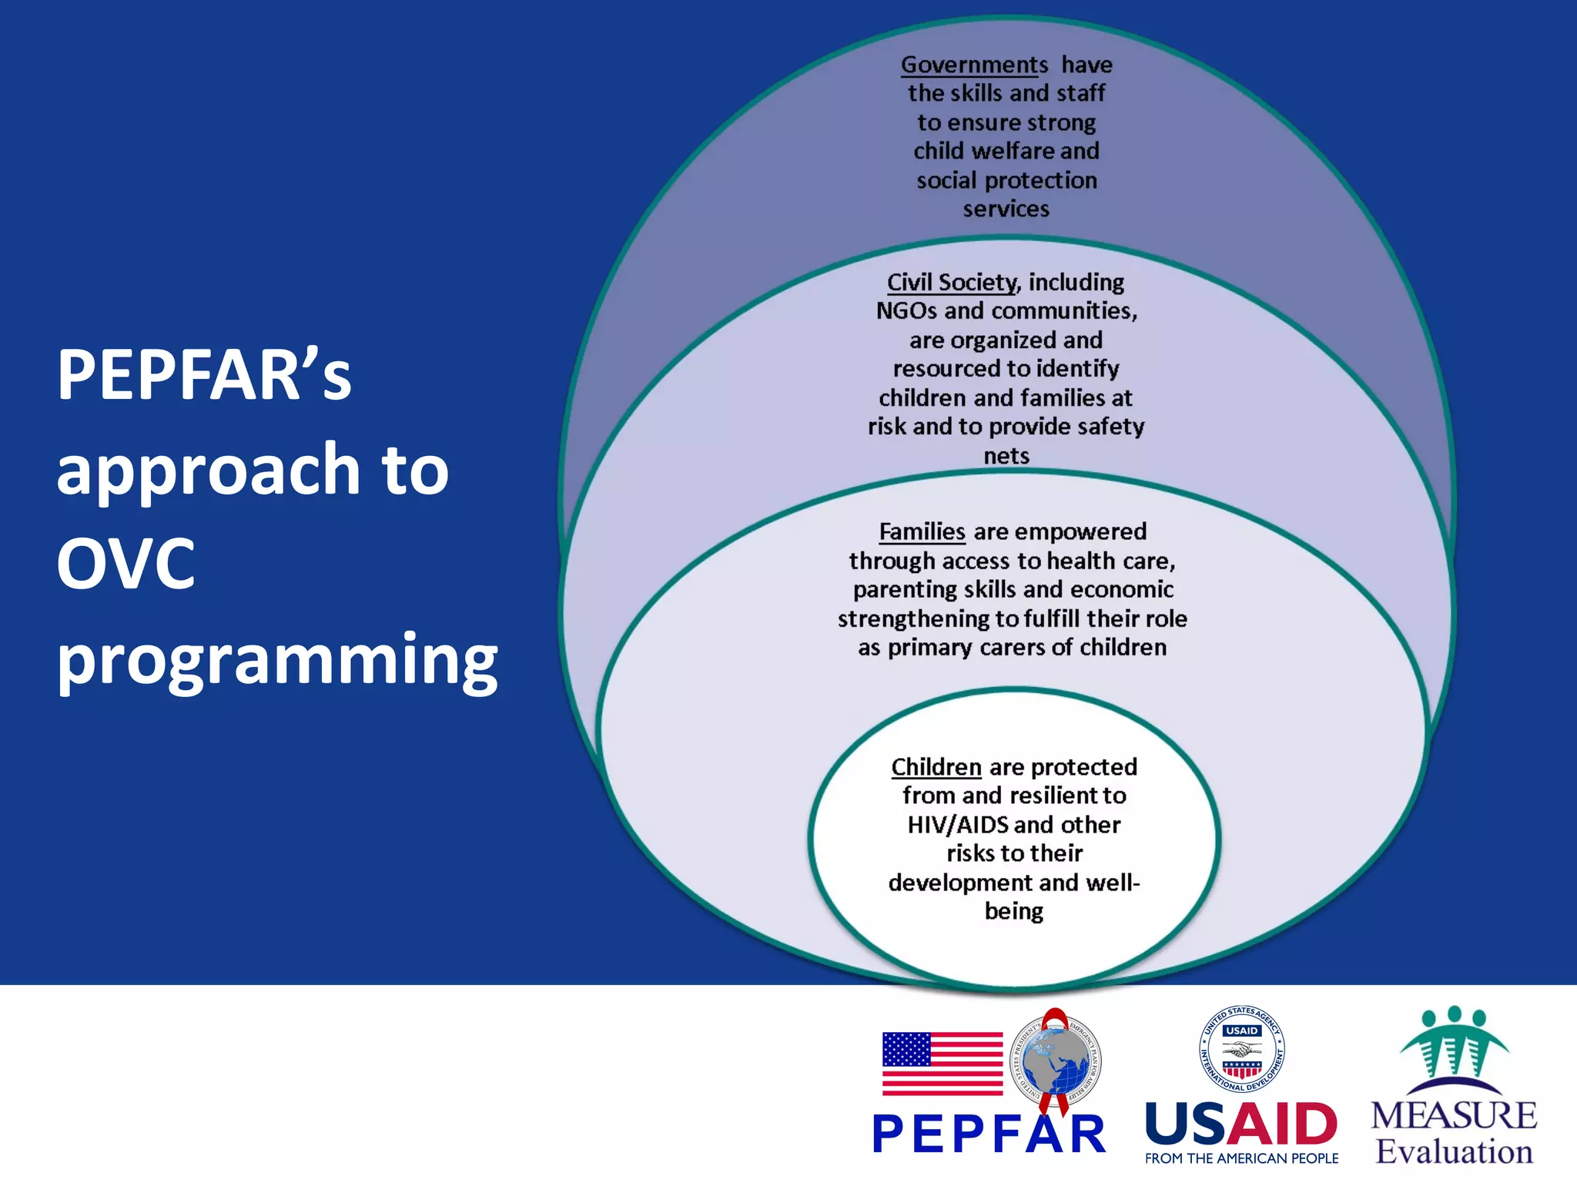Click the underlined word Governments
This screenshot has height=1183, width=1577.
[974, 65]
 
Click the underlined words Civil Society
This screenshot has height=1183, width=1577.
[953, 283]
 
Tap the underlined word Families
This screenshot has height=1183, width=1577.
[922, 532]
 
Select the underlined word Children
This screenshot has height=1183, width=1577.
[936, 767]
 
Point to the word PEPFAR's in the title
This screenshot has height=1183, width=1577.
[204, 375]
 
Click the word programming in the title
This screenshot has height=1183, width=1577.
[277, 660]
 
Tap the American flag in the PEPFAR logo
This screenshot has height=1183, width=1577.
[942, 1064]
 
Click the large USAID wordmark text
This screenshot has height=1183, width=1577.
[1241, 1124]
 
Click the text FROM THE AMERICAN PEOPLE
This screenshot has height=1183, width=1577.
[1241, 1158]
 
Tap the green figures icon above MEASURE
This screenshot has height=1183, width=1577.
[1454, 1047]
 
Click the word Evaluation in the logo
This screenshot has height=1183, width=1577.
[1454, 1152]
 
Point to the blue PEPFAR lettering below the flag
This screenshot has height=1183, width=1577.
[989, 1134]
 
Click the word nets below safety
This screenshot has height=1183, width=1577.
[1006, 456]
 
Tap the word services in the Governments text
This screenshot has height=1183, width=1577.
[1006, 209]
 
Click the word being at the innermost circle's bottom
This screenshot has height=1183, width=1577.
[1013, 912]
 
